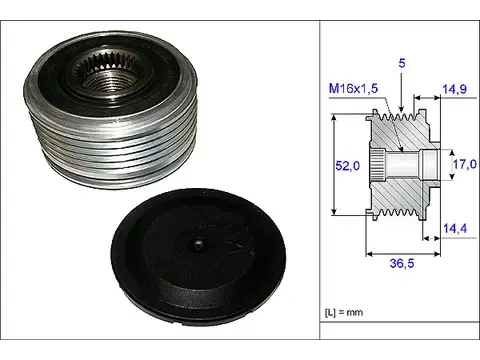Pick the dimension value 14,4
[x=456, y=230]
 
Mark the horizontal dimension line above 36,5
[x=400, y=251]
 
